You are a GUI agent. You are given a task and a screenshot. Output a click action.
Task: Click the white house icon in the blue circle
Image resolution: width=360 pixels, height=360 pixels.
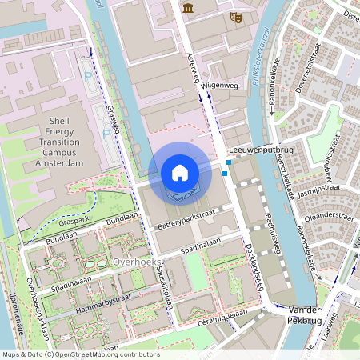180,173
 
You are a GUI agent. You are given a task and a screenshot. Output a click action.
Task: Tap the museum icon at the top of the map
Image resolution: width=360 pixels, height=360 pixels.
188,7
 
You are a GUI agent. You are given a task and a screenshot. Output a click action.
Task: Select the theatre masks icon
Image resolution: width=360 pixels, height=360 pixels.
235,15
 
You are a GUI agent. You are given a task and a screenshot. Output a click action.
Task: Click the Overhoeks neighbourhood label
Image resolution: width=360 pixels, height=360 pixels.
138,262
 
